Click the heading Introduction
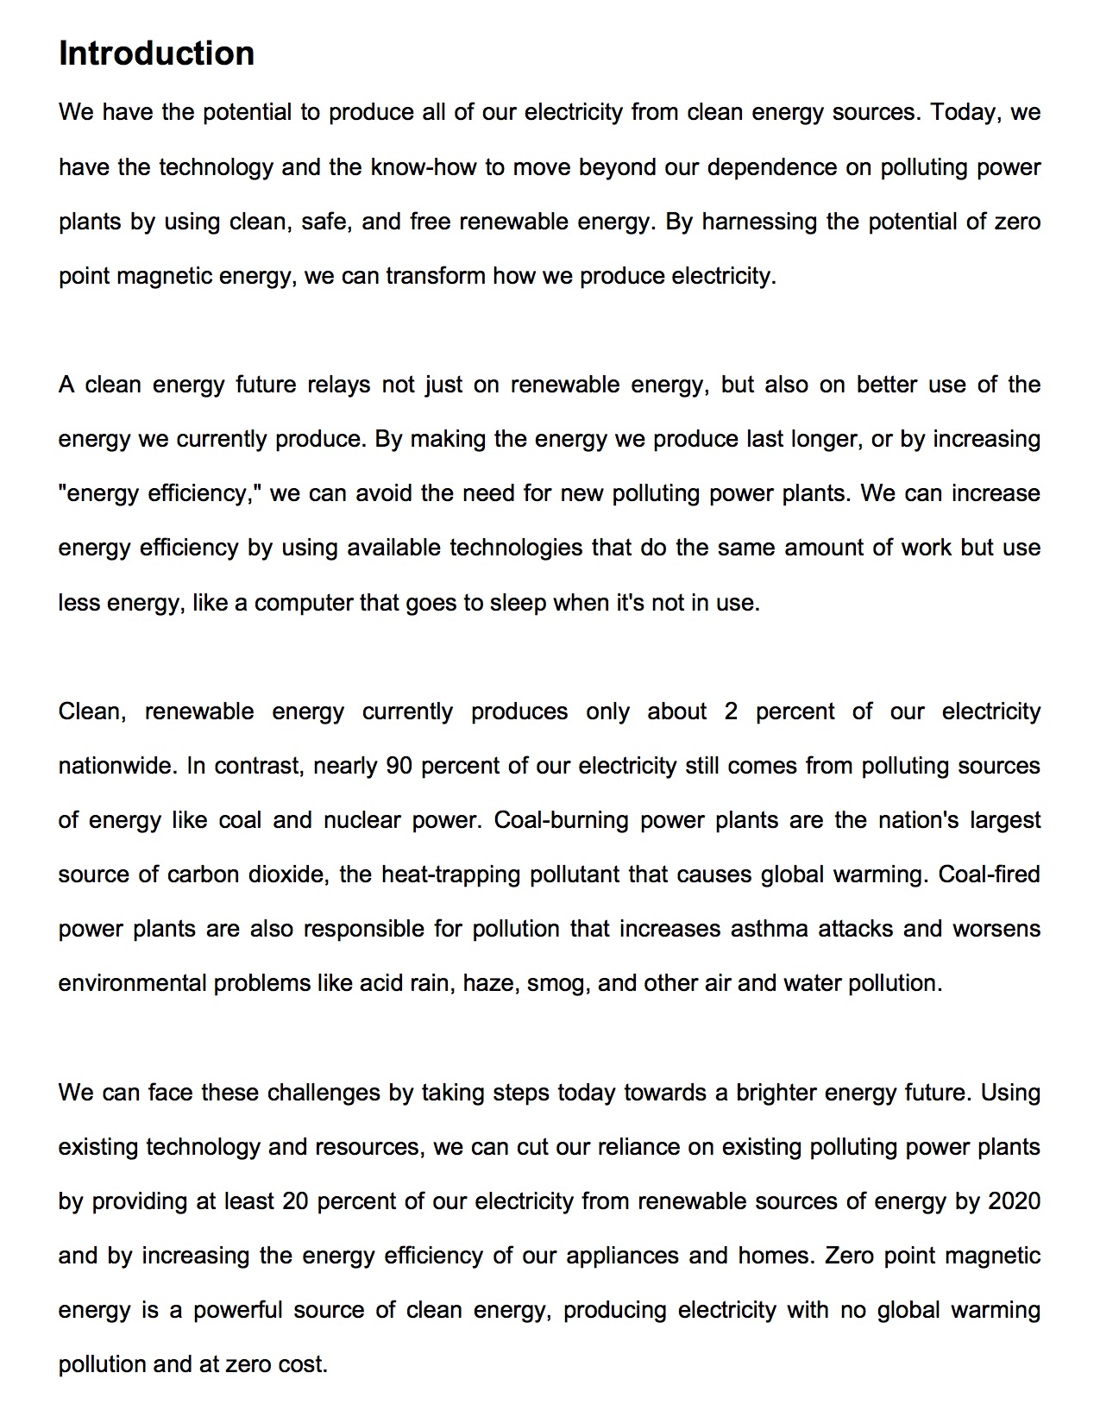pyautogui.click(x=156, y=53)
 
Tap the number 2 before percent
pyautogui.click(x=731, y=711)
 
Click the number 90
pyautogui.click(x=399, y=766)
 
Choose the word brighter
pyautogui.click(x=776, y=1093)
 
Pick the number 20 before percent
pyautogui.click(x=294, y=1201)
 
